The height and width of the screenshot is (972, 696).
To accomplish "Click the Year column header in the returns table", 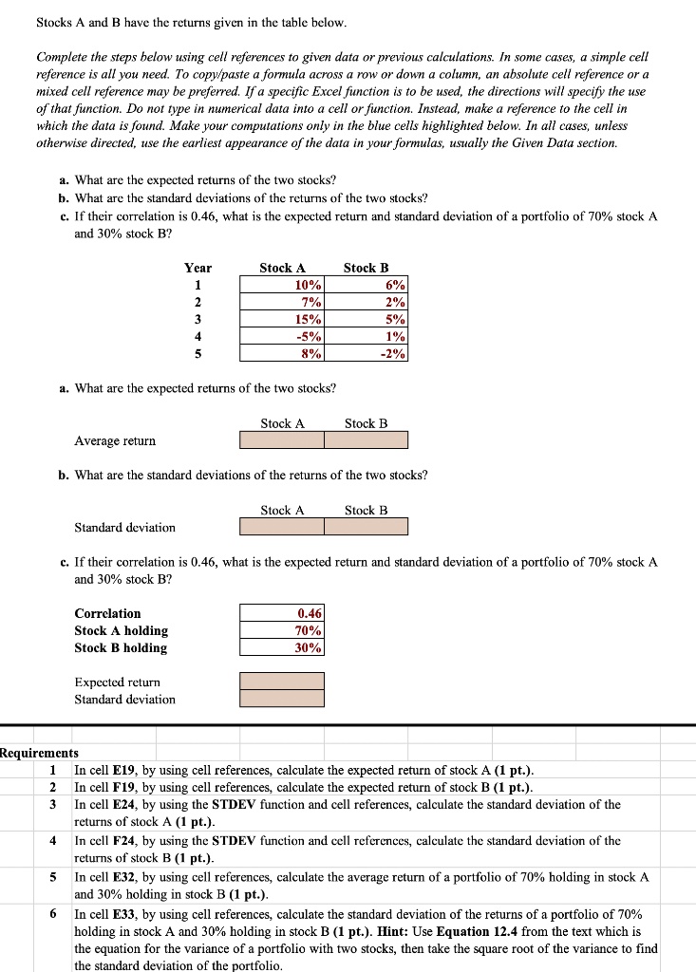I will click(198, 268).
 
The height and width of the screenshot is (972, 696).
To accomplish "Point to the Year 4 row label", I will click(198, 336).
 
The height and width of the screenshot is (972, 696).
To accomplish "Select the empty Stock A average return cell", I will click(282, 440).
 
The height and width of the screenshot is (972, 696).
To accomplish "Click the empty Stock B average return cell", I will click(366, 440).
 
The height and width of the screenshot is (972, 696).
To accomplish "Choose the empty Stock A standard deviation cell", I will click(282, 527).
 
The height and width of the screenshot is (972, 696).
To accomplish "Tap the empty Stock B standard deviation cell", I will click(366, 527).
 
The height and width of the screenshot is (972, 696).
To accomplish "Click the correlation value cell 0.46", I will click(282, 613).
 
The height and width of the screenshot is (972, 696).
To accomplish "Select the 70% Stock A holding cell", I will click(282, 630).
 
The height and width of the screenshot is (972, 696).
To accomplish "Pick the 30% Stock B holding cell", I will click(282, 647).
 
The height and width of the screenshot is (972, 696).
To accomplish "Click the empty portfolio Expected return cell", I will click(282, 682).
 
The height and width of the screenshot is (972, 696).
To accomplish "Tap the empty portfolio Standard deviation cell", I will click(282, 699).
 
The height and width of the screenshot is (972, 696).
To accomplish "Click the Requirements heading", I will click(39, 753).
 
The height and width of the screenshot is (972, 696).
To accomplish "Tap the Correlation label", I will click(107, 613).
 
